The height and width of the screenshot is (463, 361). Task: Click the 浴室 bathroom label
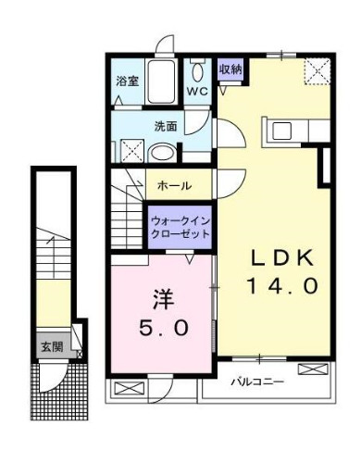click(x=128, y=81)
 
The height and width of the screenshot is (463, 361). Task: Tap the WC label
click(x=197, y=92)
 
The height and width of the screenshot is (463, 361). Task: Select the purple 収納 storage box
click(x=230, y=70)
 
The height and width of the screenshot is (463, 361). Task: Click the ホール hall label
click(x=174, y=185)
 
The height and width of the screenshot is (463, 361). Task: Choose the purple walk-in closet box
click(x=181, y=227)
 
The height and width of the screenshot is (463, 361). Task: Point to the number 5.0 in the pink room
click(x=166, y=327)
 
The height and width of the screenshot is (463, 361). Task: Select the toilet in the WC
click(x=197, y=71)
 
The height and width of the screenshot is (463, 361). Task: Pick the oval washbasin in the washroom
click(x=163, y=153)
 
